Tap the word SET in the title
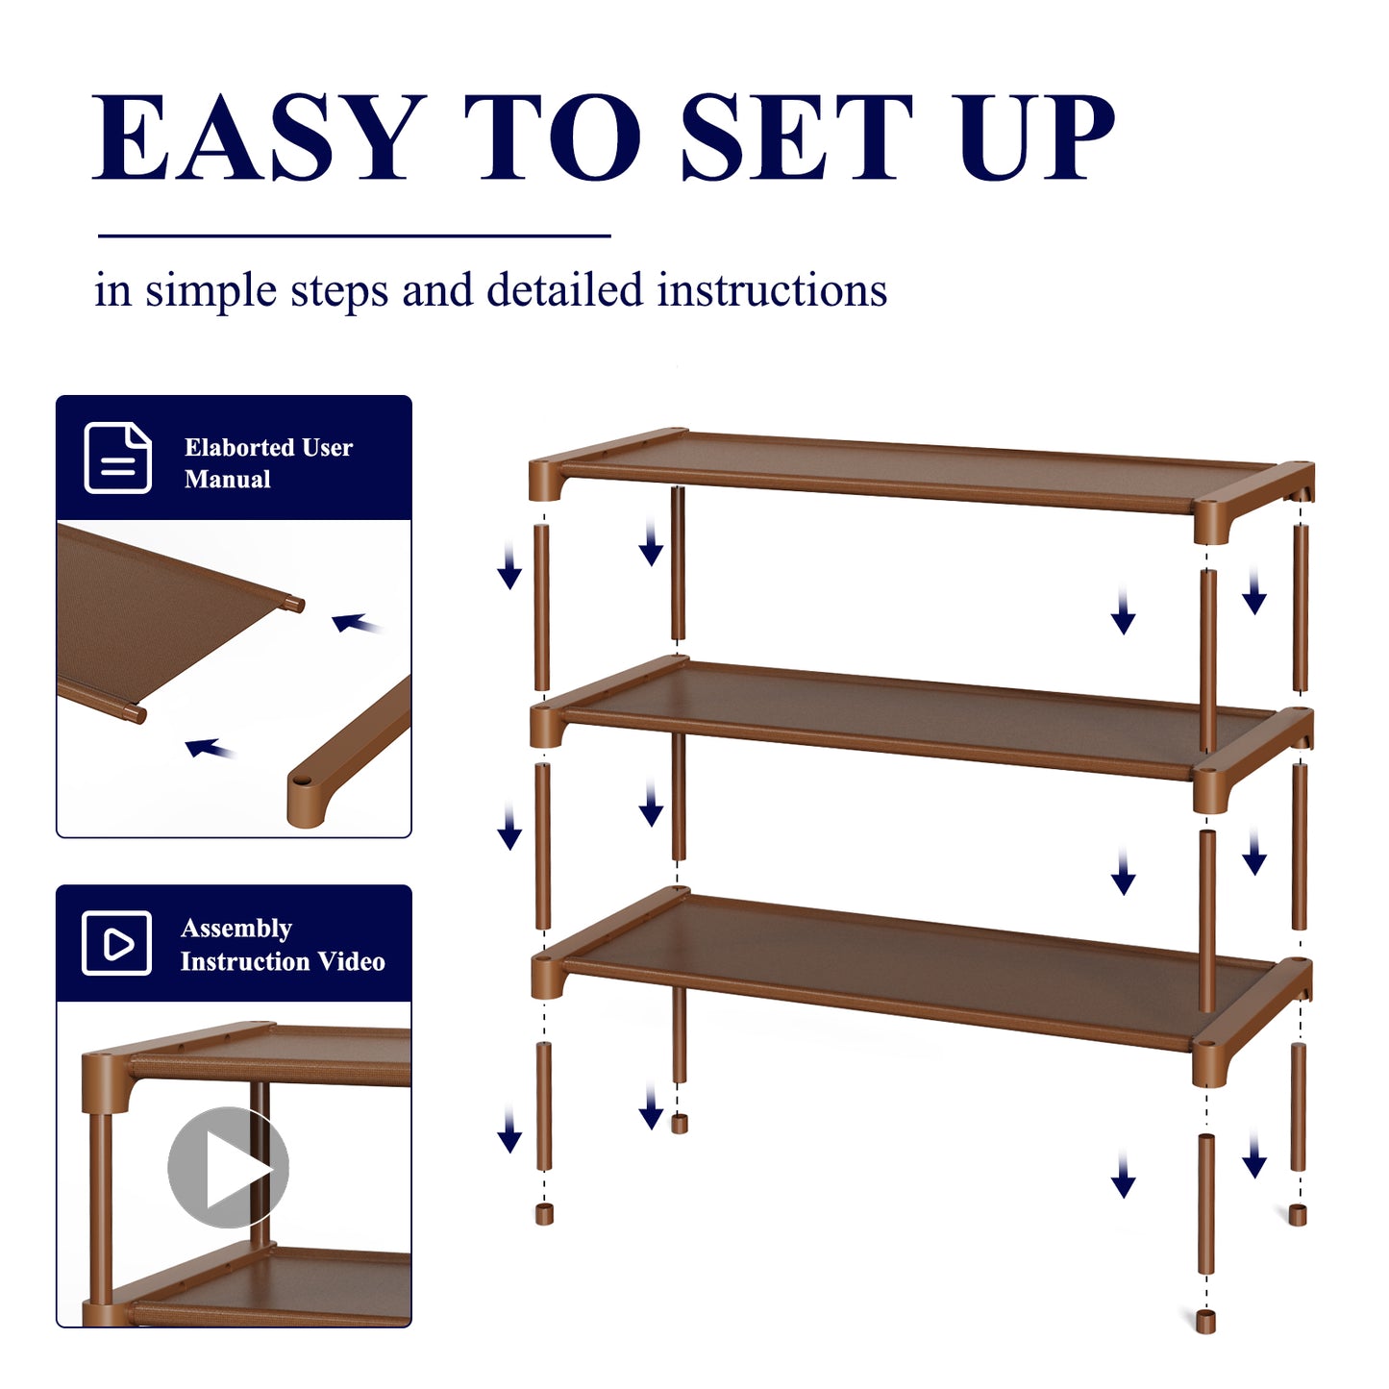(797, 136)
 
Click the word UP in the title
(1036, 136)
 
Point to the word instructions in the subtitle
(771, 290)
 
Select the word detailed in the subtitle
(564, 289)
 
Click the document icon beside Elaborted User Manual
(117, 458)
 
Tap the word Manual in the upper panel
(227, 480)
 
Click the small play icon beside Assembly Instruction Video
(116, 943)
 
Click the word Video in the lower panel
(351, 961)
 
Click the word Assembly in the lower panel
(236, 930)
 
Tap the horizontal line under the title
(355, 236)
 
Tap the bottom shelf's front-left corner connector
(548, 977)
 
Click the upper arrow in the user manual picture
(355, 623)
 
